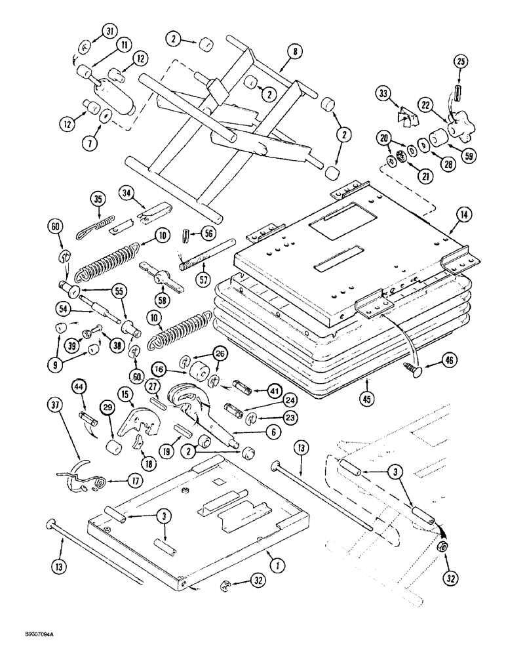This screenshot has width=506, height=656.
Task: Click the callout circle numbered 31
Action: (109, 31)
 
